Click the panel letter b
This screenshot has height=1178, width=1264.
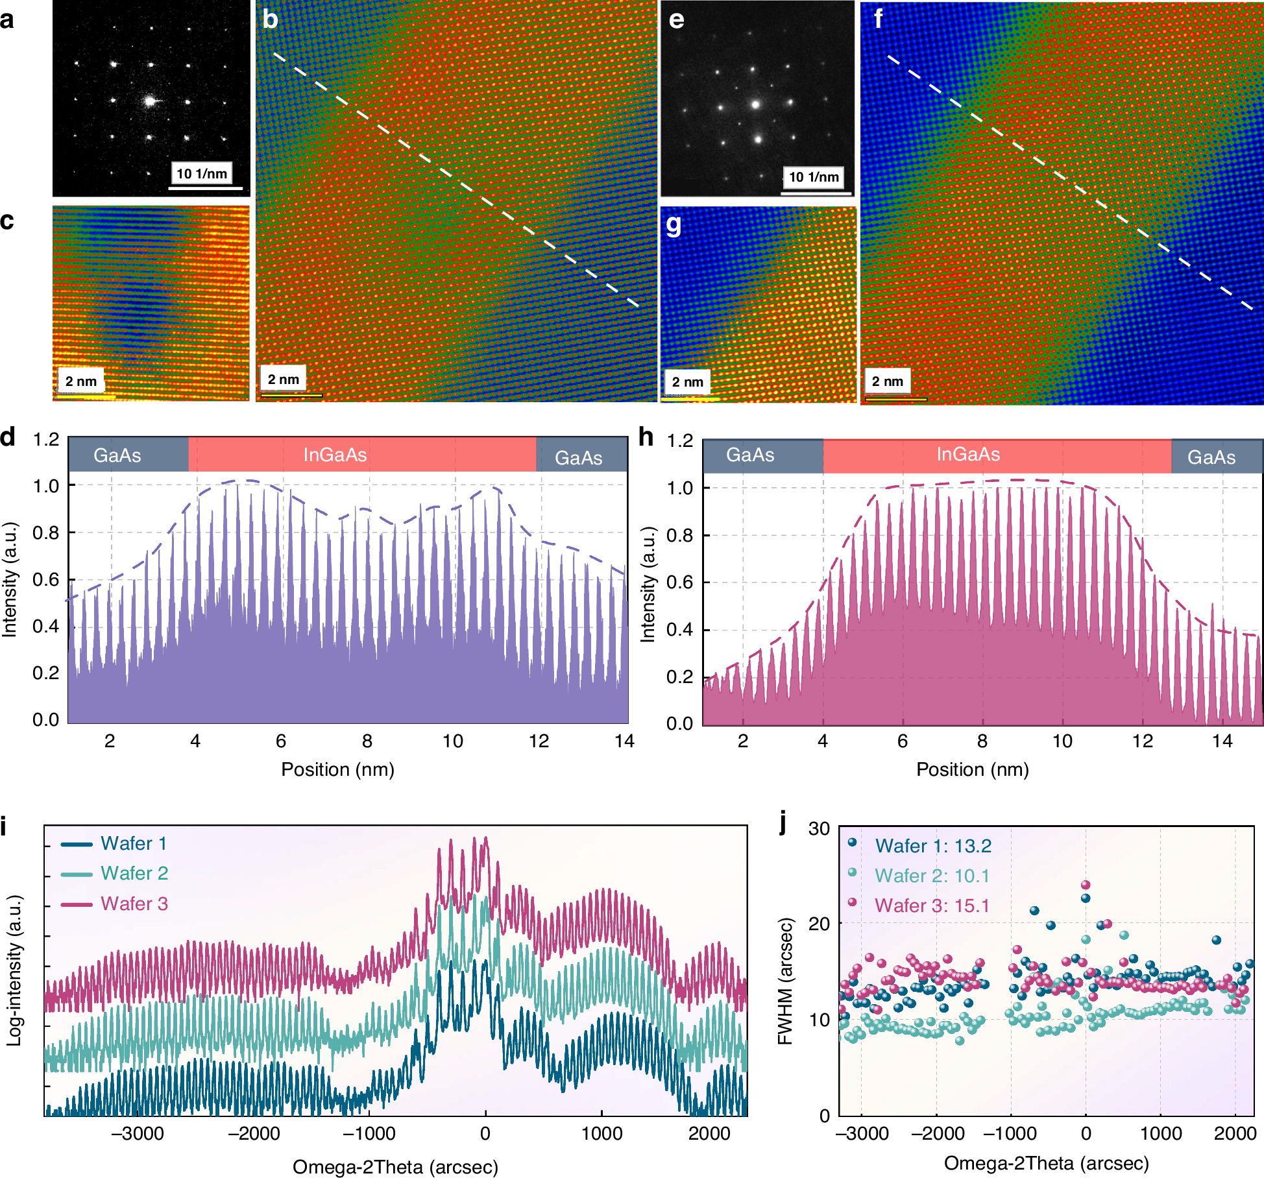click(x=270, y=19)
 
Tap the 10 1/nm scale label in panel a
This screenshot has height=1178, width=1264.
click(x=202, y=174)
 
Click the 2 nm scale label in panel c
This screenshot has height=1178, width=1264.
click(x=81, y=381)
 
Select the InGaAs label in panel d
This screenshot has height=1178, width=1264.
click(x=335, y=455)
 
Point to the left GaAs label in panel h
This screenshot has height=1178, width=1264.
click(x=750, y=455)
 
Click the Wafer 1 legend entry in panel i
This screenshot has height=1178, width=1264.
click(x=134, y=843)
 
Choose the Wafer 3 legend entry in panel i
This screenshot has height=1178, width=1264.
click(x=134, y=904)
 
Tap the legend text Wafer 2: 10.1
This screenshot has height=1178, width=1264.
click(x=932, y=876)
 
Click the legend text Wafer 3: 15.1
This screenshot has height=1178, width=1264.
click(x=932, y=906)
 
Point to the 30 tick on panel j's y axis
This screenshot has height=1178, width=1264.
click(x=819, y=829)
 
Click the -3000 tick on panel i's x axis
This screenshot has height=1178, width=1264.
click(x=138, y=1133)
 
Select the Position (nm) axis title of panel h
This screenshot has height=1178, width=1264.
click(x=972, y=769)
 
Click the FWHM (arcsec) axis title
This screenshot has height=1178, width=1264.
click(x=785, y=981)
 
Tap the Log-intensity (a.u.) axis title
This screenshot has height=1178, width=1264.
click(x=14, y=970)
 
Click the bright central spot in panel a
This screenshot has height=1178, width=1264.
click(x=151, y=101)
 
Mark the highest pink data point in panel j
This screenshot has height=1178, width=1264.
click(x=1086, y=885)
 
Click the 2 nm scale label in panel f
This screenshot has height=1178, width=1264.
click(x=887, y=381)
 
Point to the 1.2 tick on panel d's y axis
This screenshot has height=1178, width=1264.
click(x=46, y=439)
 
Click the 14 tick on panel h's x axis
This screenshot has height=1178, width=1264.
click(x=1222, y=741)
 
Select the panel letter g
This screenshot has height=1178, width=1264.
click(x=674, y=224)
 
